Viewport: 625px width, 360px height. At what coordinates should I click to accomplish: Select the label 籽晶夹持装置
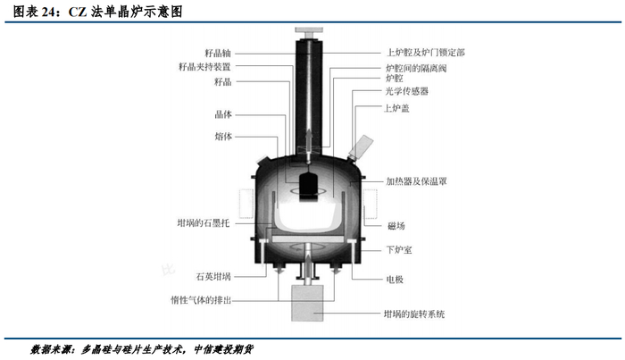(x=205, y=66)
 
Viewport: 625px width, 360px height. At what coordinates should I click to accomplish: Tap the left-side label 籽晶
(x=222, y=82)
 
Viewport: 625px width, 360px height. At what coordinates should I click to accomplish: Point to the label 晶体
(x=222, y=114)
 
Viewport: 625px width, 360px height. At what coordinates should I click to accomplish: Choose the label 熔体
(x=222, y=137)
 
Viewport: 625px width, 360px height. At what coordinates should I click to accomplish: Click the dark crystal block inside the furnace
(x=311, y=185)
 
